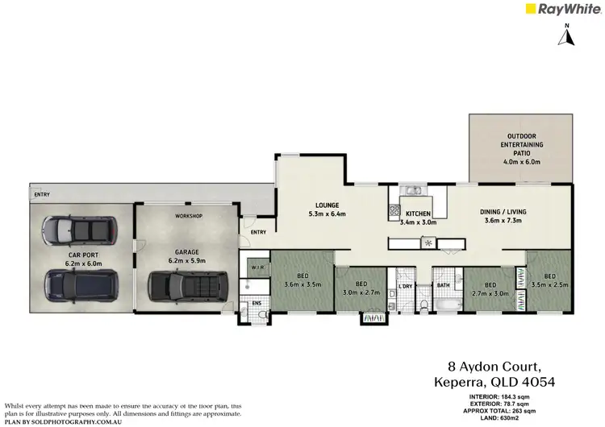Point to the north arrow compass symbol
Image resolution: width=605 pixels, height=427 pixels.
click(567, 35)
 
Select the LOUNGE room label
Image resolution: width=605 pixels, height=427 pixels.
click(327, 209)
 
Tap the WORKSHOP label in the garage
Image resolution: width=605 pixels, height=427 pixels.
click(188, 216)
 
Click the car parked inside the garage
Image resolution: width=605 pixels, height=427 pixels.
click(189, 284)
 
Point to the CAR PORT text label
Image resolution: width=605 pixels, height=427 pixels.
click(82, 257)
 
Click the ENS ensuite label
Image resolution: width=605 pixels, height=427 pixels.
click(257, 304)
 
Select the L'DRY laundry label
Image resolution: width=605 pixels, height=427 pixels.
click(406, 286)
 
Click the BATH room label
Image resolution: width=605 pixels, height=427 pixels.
click(443, 285)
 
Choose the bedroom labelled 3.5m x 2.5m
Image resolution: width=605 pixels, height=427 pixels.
click(550, 280)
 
